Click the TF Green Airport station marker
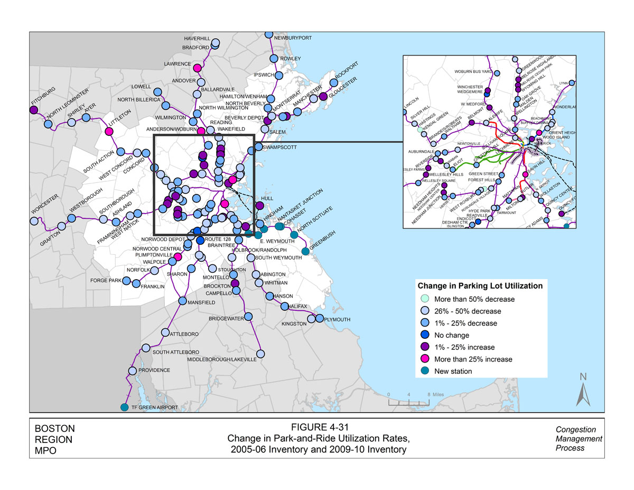coord(124,407)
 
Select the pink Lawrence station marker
coord(197,68)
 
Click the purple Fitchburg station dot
coord(33,110)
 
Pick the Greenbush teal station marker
coord(305,251)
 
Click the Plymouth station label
coord(337,319)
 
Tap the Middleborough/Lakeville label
coord(222,359)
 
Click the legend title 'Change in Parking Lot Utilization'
coord(480,286)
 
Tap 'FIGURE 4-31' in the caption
coord(316,428)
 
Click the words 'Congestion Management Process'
coord(579,439)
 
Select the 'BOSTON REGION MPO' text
coord(54,439)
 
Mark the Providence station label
coord(154,370)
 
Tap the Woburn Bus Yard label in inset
coord(473,71)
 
